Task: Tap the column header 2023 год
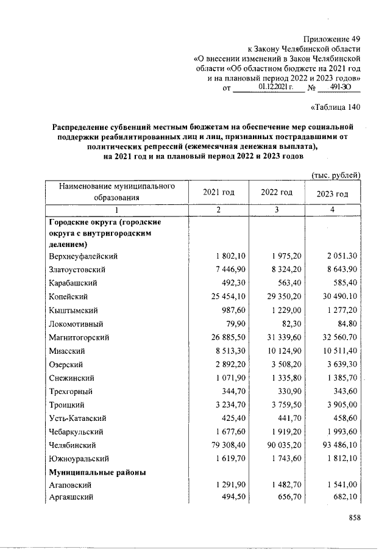click(x=333, y=193)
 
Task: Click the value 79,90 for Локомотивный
click(x=235, y=323)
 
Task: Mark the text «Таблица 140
click(x=336, y=108)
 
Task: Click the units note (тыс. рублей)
click(x=337, y=174)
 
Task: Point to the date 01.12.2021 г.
click(x=276, y=88)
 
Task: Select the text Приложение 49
click(x=332, y=38)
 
